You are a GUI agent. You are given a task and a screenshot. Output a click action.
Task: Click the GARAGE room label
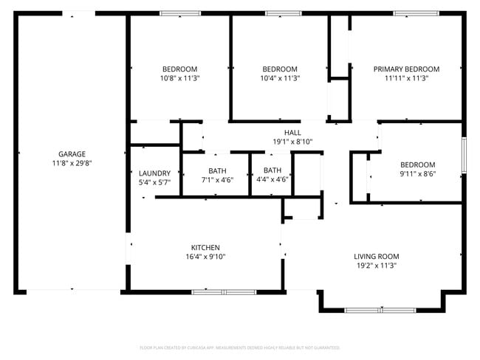(72, 154)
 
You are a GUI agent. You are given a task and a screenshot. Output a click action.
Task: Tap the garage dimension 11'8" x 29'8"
(72, 163)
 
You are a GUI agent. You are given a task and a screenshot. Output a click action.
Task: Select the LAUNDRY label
(154, 173)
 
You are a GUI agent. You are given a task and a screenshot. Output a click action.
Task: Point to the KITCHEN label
(205, 247)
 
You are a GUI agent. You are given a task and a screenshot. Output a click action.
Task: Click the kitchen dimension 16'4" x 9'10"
(205, 257)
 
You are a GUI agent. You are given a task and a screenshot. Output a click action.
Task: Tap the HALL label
(282, 132)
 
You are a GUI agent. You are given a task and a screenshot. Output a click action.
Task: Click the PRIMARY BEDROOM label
(406, 69)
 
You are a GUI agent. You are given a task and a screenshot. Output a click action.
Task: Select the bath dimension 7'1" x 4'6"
(216, 179)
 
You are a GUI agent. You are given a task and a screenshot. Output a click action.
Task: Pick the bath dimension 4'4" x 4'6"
(272, 179)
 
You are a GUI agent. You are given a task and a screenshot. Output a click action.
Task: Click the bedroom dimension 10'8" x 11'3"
(179, 77)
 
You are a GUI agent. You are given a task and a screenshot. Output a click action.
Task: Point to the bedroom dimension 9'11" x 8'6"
(417, 174)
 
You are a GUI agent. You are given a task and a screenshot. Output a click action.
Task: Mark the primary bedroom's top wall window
(416, 13)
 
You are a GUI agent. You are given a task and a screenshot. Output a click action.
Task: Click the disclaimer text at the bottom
(239, 347)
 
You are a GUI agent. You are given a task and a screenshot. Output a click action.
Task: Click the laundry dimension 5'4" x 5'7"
(154, 182)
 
